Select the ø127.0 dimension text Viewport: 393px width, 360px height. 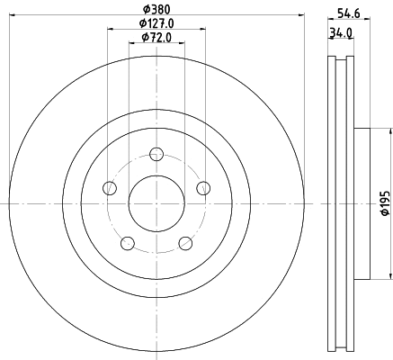[156, 22]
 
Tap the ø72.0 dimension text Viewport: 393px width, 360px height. [156, 37]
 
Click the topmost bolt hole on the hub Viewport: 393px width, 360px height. [156, 153]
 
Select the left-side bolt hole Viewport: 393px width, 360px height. [110, 187]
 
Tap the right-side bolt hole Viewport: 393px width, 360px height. [203, 187]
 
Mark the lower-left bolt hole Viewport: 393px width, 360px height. [128, 242]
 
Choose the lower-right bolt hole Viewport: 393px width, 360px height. [185, 242]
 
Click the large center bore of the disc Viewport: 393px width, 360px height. [156, 202]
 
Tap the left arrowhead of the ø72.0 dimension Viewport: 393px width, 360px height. [131, 43]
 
